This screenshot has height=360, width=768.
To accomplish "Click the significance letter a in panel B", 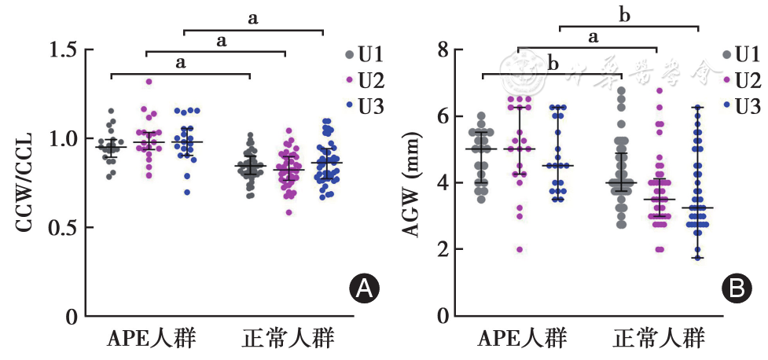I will coord(593,36).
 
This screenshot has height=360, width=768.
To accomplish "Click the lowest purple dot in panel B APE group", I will coord(518,249).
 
